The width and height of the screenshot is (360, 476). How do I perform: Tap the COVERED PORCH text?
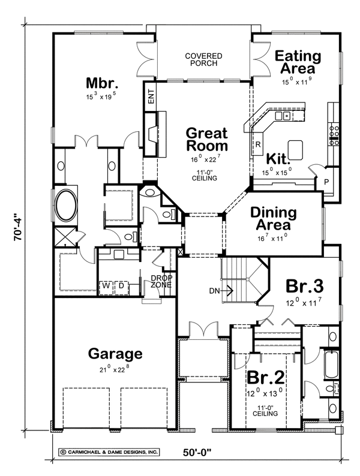(x=203, y=61)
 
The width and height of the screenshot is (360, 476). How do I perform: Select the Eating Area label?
(x=299, y=62)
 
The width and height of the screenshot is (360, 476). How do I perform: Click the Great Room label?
(x=206, y=139)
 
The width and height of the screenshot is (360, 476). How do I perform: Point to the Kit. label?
(x=278, y=160)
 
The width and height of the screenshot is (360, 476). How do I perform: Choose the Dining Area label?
(x=273, y=219)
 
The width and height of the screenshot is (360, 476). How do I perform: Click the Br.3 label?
(x=305, y=285)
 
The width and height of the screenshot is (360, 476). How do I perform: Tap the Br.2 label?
(x=264, y=379)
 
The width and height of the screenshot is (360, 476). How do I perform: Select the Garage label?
(x=115, y=353)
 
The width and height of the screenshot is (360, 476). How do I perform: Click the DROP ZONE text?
(x=161, y=281)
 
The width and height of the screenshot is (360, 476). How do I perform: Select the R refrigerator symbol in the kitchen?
(x=257, y=144)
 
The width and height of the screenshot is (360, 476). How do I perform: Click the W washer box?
(x=106, y=286)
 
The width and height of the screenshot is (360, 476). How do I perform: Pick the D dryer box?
(x=120, y=286)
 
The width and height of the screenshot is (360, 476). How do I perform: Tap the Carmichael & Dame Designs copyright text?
(x=109, y=452)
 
